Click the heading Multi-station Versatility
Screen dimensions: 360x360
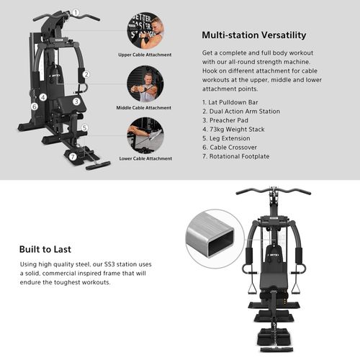[253, 35]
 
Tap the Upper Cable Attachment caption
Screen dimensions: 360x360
[144, 55]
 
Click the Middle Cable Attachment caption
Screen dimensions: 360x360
[144, 107]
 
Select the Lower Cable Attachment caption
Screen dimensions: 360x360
[144, 158]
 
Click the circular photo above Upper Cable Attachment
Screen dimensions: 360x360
[145, 31]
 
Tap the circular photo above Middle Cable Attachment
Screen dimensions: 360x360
[145, 84]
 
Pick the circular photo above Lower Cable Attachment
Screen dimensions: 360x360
[145, 135]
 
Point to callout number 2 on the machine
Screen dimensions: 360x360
[86, 73]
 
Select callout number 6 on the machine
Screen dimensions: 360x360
[34, 107]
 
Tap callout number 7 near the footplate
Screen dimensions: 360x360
[72, 156]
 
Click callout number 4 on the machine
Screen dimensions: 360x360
[43, 96]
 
